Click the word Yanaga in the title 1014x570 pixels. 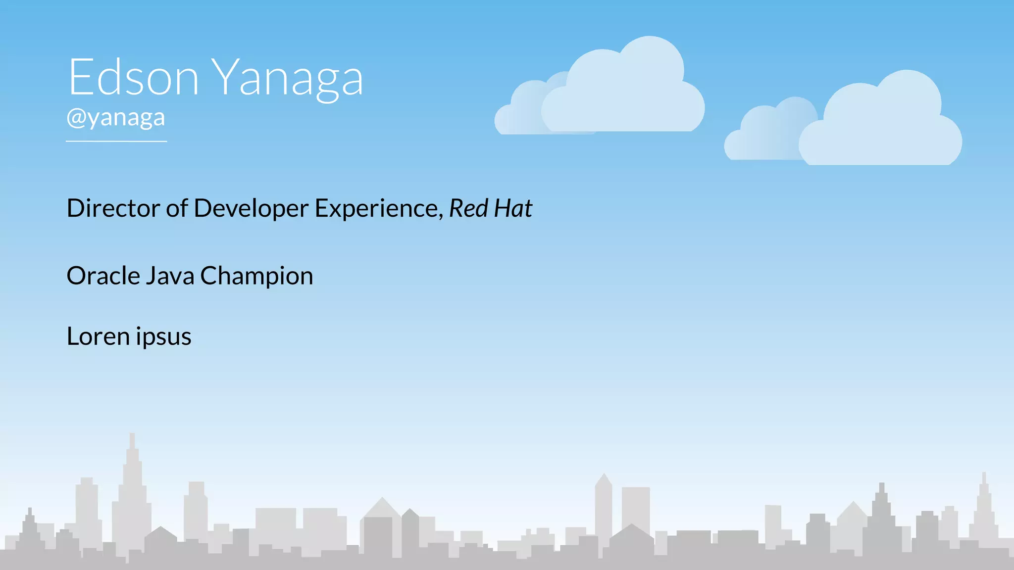[x=288, y=78]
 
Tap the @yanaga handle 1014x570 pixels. [x=116, y=118]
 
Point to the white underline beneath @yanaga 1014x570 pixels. [x=116, y=142]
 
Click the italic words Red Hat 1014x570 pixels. [x=490, y=208]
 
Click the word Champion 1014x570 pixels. [x=256, y=277]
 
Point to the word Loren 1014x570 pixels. [x=98, y=336]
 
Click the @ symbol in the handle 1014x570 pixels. [x=76, y=118]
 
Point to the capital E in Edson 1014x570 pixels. [x=81, y=77]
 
